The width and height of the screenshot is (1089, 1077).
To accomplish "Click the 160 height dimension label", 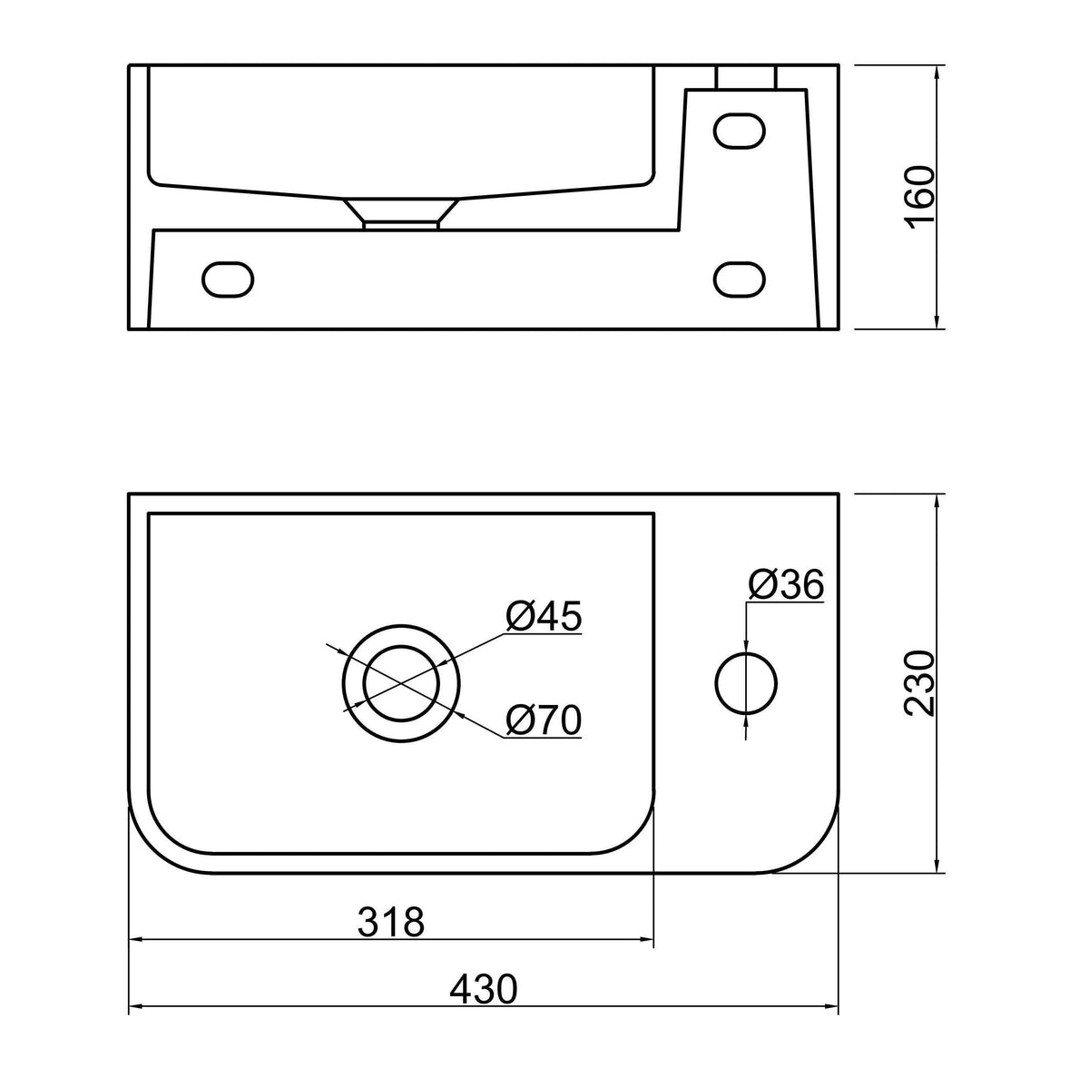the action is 919,197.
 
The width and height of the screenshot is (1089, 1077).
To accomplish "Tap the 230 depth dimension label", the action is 919,684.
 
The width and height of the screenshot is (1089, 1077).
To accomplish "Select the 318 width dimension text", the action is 391,922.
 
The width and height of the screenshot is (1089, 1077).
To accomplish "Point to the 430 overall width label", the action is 484,989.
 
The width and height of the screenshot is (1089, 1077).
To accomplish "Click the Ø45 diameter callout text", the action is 544,616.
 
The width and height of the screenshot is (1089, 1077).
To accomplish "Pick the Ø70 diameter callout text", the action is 544,720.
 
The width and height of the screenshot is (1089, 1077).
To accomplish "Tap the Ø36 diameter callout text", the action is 786,585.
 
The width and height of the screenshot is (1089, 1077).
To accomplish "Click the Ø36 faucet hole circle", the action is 746,652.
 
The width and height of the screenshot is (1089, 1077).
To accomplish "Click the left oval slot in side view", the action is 228,279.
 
